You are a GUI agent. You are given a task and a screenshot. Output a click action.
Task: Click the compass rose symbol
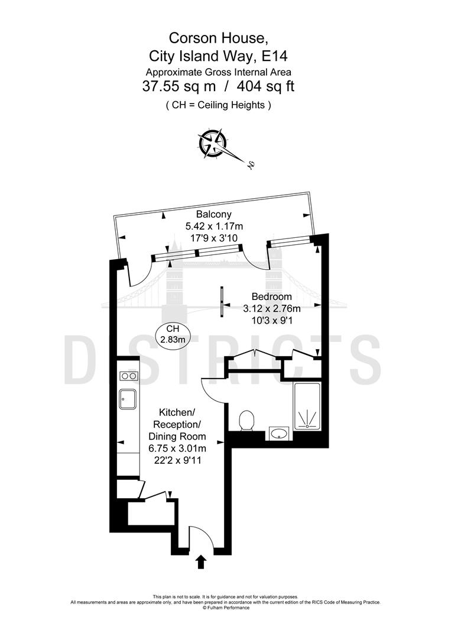[213, 142]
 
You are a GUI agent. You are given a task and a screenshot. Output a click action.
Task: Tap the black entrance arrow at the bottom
[201, 561]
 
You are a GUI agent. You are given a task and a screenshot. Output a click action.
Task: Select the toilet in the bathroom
[247, 422]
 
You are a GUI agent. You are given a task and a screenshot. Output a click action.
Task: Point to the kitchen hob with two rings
[128, 376]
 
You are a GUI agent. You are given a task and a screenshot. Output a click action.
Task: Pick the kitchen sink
[128, 399]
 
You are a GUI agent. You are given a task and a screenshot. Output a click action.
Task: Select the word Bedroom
[271, 296]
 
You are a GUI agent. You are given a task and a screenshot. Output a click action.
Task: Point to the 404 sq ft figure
[265, 86]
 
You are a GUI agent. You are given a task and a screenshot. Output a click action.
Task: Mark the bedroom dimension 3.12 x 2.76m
[272, 308]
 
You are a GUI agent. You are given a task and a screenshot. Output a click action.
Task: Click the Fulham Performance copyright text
[226, 607]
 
